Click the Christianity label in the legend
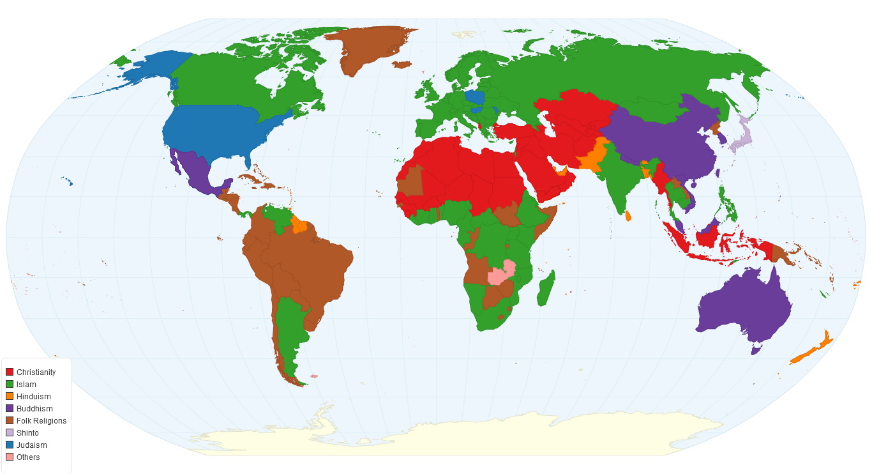click(x=36, y=372)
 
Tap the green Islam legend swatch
click(x=10, y=385)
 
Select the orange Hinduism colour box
click(x=10, y=397)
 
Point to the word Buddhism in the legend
click(x=34, y=409)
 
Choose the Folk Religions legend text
click(x=41, y=421)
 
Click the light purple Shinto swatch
click(x=10, y=433)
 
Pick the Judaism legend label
click(x=32, y=445)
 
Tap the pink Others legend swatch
click(x=10, y=457)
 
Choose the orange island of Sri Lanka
click(x=628, y=216)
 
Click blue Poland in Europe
click(x=474, y=97)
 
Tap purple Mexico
click(x=195, y=172)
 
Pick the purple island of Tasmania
click(x=756, y=349)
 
